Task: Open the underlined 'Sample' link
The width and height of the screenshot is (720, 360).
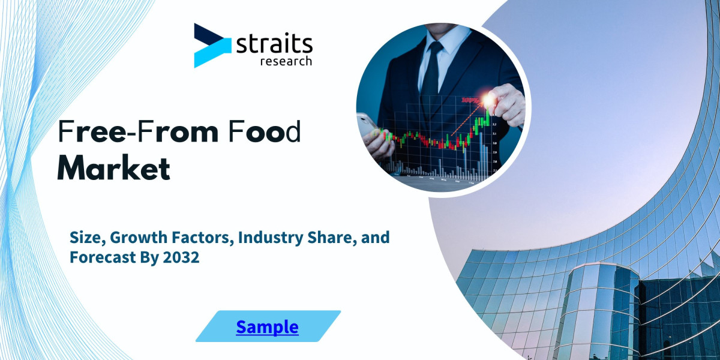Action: pos(267,327)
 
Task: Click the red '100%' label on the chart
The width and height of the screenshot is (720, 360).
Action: pos(471,102)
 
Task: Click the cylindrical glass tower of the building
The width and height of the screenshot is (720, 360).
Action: pos(600,312)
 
